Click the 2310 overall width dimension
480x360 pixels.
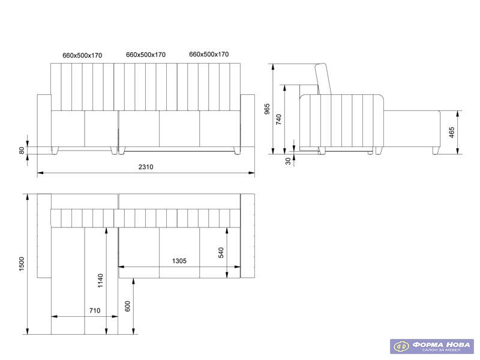[x=146, y=167]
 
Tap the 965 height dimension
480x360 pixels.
[x=267, y=109]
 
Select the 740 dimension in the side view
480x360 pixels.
[x=278, y=119]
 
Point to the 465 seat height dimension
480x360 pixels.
[x=452, y=132]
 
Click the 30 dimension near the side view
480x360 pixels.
[x=288, y=161]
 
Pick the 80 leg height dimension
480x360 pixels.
[x=22, y=151]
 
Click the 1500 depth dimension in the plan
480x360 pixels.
[x=22, y=264]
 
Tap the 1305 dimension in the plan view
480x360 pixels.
[x=179, y=261]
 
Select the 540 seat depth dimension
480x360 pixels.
[x=221, y=253]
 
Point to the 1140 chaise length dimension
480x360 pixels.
[x=100, y=281]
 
